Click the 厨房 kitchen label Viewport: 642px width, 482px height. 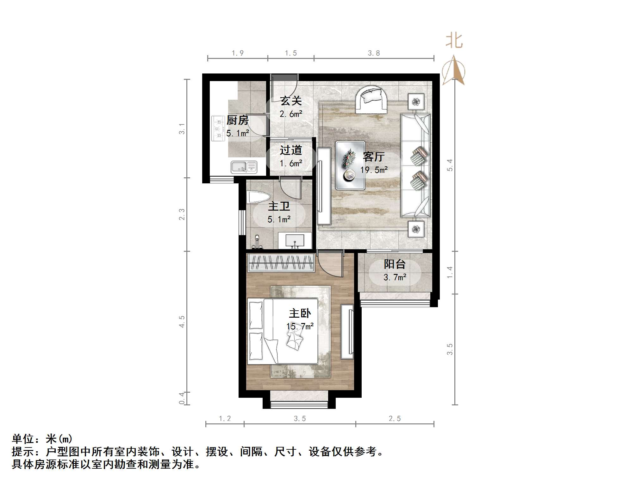pos(237,120)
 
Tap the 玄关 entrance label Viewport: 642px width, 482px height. pos(291,101)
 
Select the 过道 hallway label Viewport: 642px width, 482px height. pos(291,150)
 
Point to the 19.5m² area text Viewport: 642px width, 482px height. pos(374,170)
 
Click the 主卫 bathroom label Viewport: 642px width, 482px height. pos(279,206)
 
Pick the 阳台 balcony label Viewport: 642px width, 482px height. pos(395,264)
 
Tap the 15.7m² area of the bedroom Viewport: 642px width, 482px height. pos(300,326)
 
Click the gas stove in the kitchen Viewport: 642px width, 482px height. pos(217,128)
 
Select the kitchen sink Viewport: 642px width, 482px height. pos(244,167)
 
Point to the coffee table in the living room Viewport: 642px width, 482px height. pos(350,165)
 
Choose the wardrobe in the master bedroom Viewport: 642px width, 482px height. pos(281,263)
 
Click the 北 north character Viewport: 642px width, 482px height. pos(454,41)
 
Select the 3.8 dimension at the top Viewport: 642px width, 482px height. pos(374,53)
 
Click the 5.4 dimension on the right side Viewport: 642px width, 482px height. pos(450,165)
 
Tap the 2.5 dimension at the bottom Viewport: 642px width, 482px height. pos(395,419)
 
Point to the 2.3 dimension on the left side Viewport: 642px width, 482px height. pos(182,214)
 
